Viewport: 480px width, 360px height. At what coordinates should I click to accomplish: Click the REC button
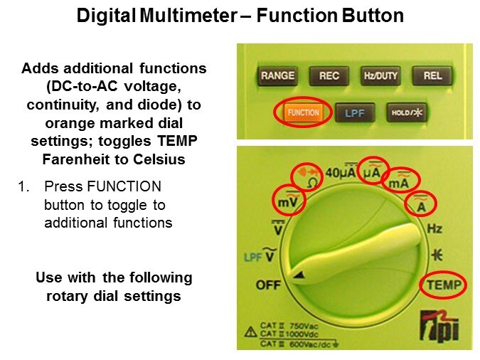pyautogui.click(x=329, y=75)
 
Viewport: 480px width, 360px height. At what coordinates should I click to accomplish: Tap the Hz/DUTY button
pyautogui.click(x=380, y=75)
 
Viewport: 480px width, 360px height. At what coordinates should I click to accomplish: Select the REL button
pyautogui.click(x=432, y=75)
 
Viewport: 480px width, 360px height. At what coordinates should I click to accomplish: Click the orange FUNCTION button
pyautogui.click(x=303, y=112)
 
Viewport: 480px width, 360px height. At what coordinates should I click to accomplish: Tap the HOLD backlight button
pyautogui.click(x=407, y=112)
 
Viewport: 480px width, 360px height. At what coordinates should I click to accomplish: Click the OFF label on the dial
pyautogui.click(x=268, y=285)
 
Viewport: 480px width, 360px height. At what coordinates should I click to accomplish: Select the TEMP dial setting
pyautogui.click(x=444, y=285)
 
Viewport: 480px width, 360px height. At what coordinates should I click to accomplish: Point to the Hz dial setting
pyautogui.click(x=434, y=228)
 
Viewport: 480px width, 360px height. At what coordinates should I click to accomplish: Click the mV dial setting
pyautogui.click(x=288, y=200)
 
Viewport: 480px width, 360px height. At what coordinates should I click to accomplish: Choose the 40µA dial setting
pyautogui.click(x=341, y=172)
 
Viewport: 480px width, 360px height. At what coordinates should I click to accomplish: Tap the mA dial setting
pyautogui.click(x=399, y=181)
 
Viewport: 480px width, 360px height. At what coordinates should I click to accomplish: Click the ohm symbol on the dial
pyautogui.click(x=312, y=184)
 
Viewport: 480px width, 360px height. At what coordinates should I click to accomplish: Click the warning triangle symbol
pyautogui.click(x=251, y=332)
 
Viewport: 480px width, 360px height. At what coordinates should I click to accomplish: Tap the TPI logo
pyautogui.click(x=439, y=327)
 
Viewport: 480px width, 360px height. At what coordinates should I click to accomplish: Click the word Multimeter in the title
pyautogui.click(x=188, y=16)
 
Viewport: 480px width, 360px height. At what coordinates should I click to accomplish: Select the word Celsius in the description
pyautogui.click(x=159, y=159)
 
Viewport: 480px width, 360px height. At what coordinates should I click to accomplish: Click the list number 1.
pyautogui.click(x=23, y=186)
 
